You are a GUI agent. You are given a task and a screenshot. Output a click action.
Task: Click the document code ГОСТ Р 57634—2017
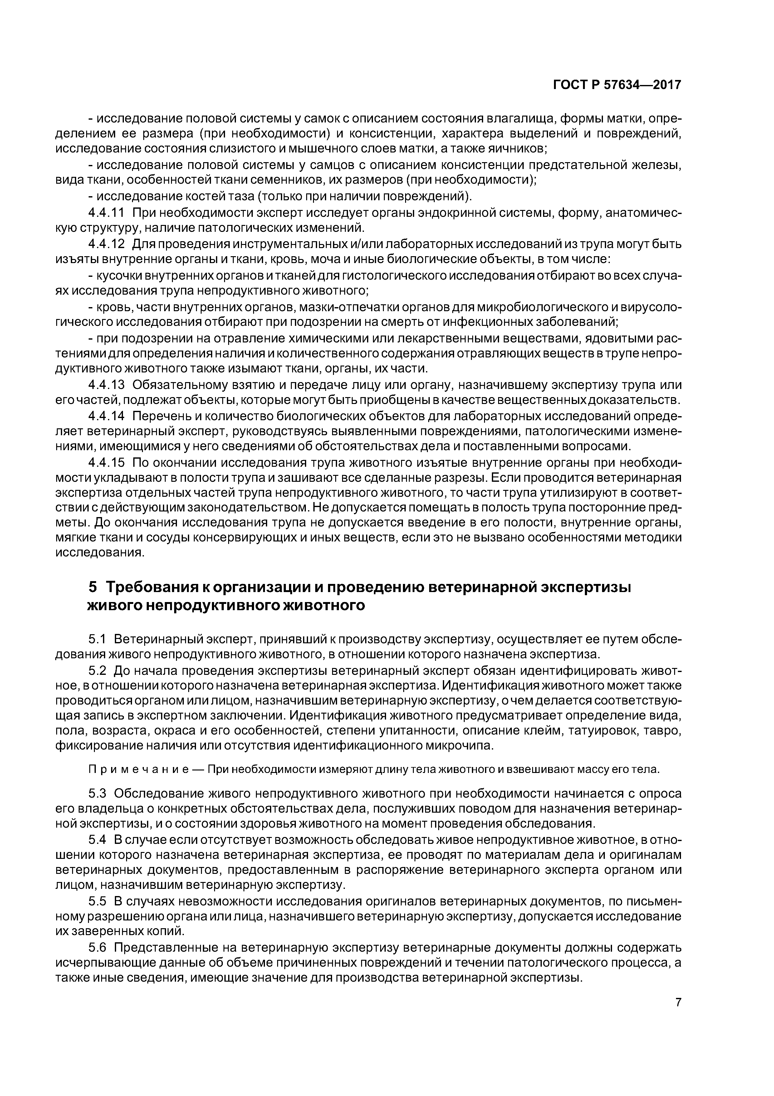(x=617, y=85)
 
